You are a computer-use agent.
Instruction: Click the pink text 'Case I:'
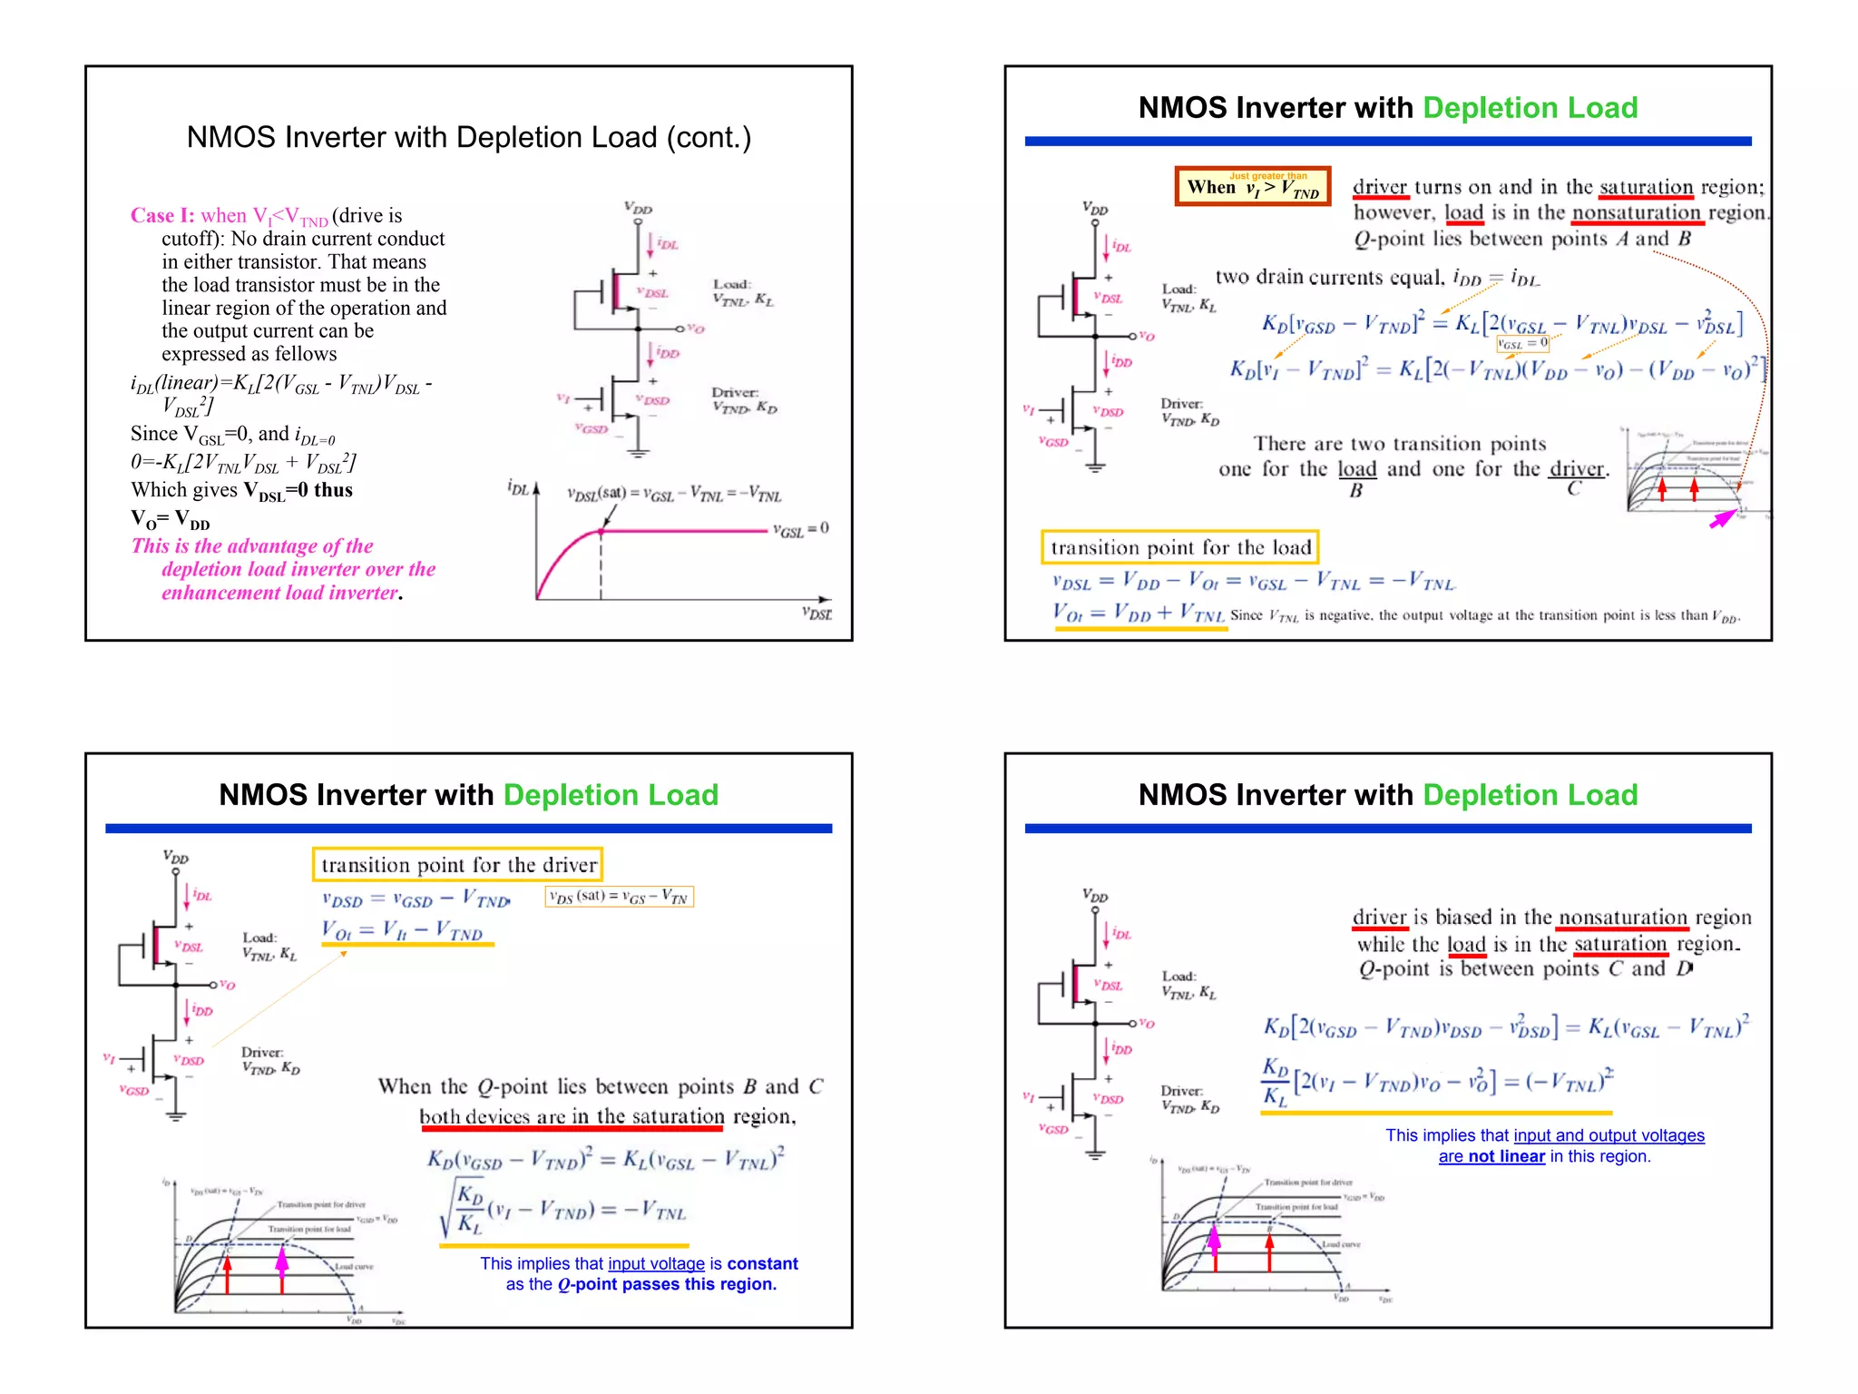[x=162, y=216]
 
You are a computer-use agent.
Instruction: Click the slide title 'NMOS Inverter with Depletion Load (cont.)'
[x=469, y=137]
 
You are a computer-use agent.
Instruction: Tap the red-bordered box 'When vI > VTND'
[x=1252, y=186]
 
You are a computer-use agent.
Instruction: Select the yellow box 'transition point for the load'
[x=1179, y=547]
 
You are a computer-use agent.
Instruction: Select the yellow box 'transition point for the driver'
[x=458, y=865]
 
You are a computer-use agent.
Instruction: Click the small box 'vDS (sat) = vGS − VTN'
[x=620, y=897]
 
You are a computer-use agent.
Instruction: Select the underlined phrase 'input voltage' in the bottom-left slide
[x=656, y=1263]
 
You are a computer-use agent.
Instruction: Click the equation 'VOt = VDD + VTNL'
[x=1139, y=613]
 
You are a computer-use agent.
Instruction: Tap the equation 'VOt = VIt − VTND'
[x=403, y=931]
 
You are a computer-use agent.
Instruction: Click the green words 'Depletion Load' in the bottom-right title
[x=1530, y=795]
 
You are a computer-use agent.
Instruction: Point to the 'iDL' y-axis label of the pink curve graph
[x=518, y=488]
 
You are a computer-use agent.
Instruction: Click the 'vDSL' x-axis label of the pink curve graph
[x=817, y=614]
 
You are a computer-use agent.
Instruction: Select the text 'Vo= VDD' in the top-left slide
[x=171, y=519]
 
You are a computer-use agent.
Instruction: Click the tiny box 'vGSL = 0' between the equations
[x=1522, y=344]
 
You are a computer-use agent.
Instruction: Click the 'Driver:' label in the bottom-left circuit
[x=262, y=1053]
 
